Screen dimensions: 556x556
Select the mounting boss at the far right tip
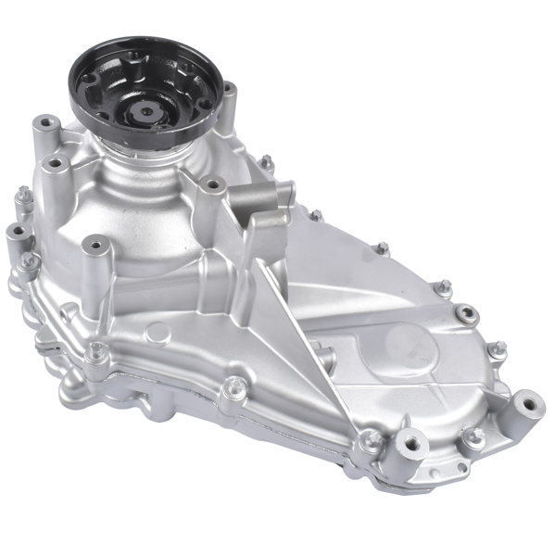(x=529, y=405)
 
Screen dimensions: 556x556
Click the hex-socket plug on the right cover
(x=468, y=313)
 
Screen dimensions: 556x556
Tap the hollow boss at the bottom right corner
(x=411, y=444)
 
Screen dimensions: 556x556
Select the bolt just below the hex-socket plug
(x=499, y=349)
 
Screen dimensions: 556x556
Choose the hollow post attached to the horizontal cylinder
(x=213, y=185)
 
